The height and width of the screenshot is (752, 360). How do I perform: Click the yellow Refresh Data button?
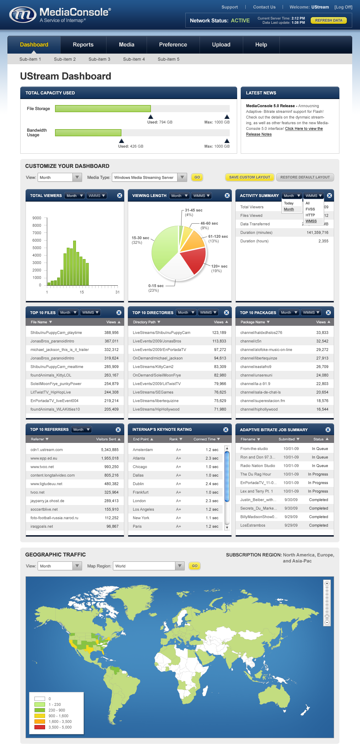328,21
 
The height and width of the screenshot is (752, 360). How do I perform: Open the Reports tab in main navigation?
83,45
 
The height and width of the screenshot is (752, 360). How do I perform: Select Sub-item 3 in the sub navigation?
99,59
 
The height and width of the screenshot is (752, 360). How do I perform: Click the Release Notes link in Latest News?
259,135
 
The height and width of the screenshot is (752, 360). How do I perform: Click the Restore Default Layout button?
305,177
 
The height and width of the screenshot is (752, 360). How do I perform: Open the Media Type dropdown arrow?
182,177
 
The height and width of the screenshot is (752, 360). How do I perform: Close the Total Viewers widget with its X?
120,196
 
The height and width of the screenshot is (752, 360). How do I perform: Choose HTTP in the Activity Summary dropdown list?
310,215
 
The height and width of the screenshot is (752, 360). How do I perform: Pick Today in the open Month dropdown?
289,203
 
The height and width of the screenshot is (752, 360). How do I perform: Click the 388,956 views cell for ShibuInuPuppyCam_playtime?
111,333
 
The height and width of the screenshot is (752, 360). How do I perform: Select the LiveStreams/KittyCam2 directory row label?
153,367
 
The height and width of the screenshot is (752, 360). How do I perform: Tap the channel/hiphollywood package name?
259,410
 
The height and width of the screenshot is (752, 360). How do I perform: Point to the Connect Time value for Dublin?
212,484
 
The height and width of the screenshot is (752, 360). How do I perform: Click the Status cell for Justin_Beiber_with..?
318,500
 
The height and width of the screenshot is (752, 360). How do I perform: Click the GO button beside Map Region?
195,566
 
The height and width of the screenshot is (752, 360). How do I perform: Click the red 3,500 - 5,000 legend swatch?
40,727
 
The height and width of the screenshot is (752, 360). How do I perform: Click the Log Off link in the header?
343,7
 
